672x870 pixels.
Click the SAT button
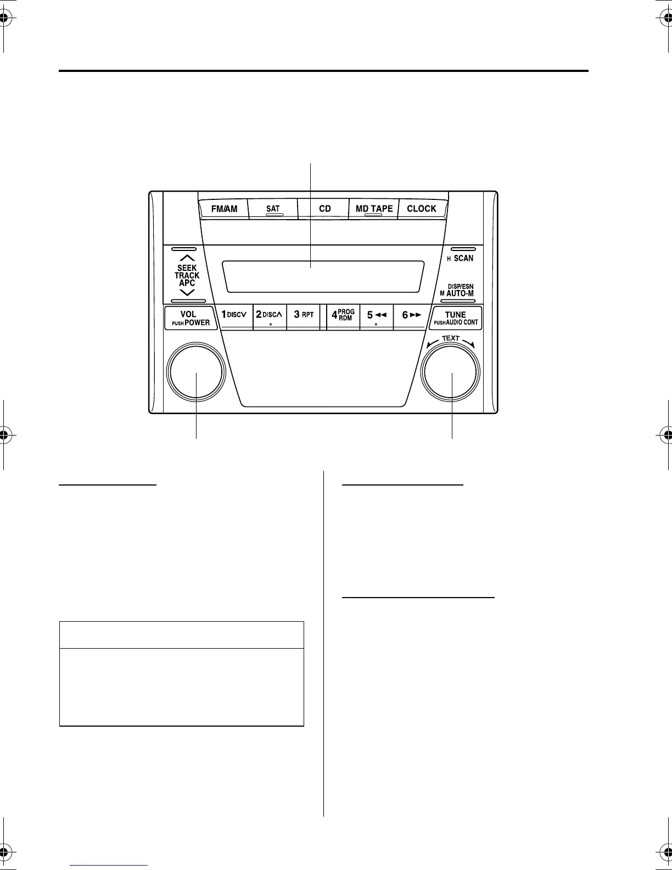(273, 209)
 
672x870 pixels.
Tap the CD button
(324, 209)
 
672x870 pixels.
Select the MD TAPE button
(374, 209)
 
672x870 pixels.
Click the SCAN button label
(463, 258)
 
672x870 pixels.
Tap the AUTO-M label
(460, 293)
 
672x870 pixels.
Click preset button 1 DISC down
(234, 315)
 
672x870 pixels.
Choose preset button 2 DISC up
(270, 315)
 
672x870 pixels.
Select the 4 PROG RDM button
(343, 315)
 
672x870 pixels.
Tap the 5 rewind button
(377, 315)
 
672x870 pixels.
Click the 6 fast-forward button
(411, 315)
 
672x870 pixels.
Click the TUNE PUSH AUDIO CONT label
(456, 319)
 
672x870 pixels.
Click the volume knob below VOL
(196, 372)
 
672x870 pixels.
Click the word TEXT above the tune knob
(451, 338)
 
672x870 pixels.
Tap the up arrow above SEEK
(187, 258)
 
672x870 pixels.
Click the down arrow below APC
(187, 293)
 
